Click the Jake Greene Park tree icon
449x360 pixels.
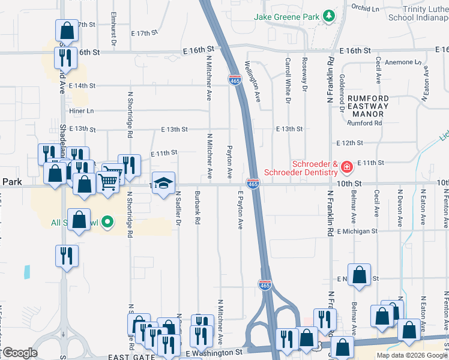coord(328,17)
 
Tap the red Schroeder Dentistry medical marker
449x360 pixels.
coord(346,166)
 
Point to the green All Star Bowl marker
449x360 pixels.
coord(107,223)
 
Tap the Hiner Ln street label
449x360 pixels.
coord(82,111)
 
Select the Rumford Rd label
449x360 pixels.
coord(365,124)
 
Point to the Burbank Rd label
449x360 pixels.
coord(197,208)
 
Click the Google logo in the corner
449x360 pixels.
coord(19,353)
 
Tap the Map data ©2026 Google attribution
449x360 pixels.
coord(412,355)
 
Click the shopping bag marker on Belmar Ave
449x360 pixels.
coord(359,276)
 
